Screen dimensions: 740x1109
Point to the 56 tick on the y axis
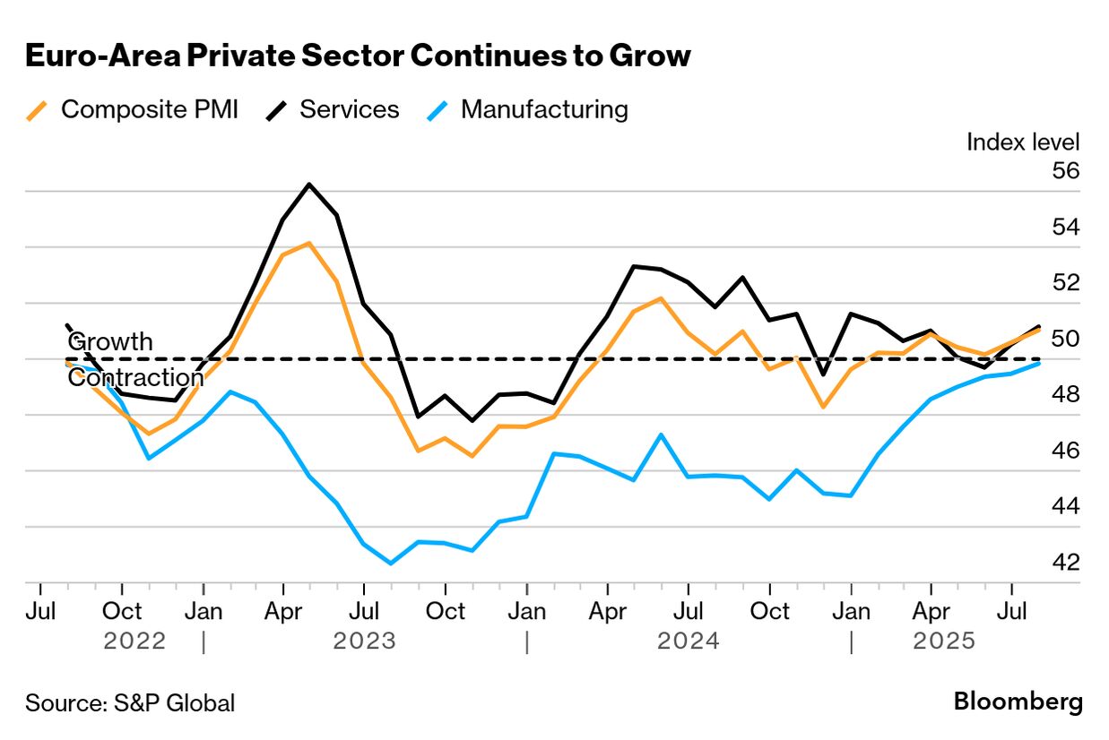[x=1066, y=170]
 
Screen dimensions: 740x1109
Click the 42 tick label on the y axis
[x=1066, y=562]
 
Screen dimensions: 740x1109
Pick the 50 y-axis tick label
[x=1066, y=338]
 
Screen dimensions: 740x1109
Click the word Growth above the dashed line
[x=110, y=342]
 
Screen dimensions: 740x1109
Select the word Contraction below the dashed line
[x=135, y=378]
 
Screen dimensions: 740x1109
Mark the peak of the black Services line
[x=309, y=185]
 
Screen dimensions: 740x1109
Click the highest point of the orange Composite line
[x=309, y=243]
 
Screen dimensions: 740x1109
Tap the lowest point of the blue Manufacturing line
[x=391, y=564]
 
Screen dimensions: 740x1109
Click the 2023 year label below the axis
[x=364, y=641]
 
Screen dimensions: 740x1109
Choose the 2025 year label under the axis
[x=943, y=641]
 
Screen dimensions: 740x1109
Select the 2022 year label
[x=134, y=641]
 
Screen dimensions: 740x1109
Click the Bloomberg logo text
[x=1018, y=701]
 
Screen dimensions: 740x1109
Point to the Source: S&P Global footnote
[x=130, y=703]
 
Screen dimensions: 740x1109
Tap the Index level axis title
[x=1023, y=142]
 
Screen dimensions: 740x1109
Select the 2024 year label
[x=688, y=641]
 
